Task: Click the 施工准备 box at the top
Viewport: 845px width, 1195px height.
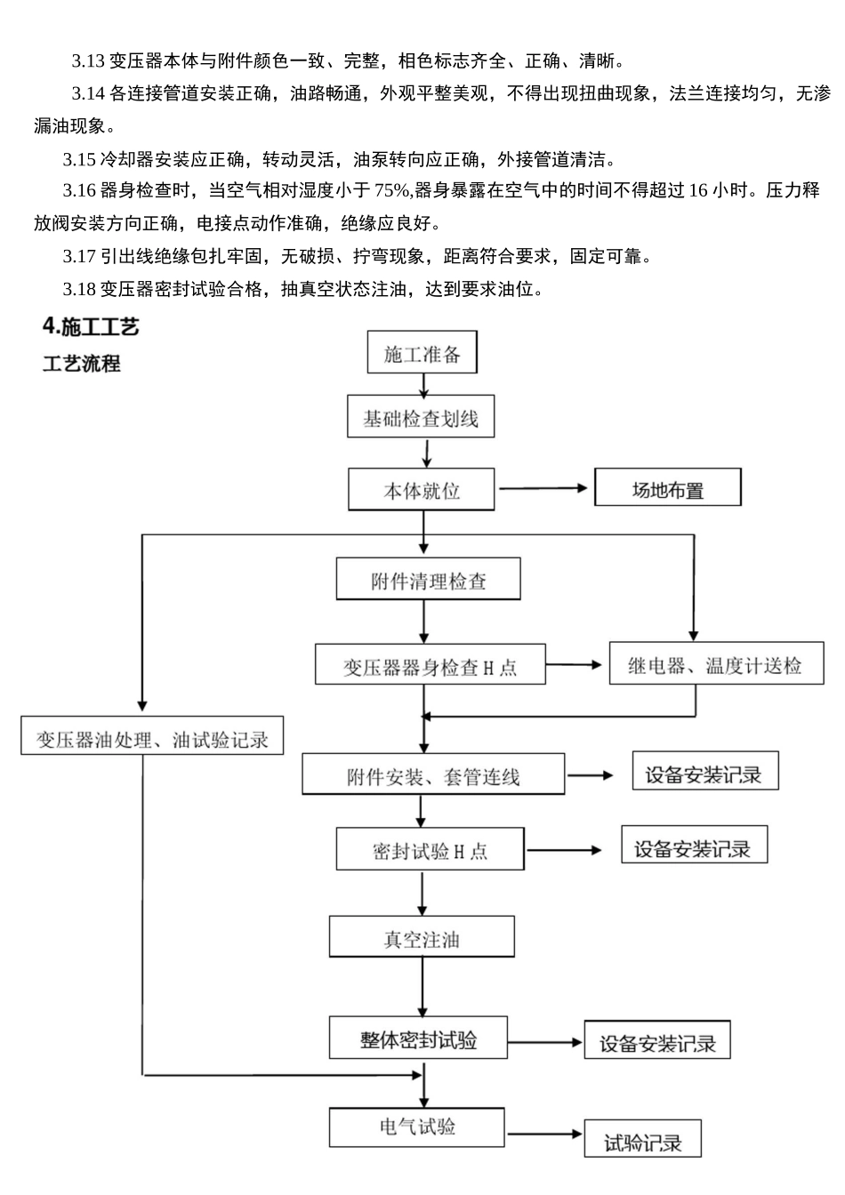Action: (x=422, y=353)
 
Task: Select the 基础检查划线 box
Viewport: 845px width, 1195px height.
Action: (x=420, y=417)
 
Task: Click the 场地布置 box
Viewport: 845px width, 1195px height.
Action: (x=667, y=489)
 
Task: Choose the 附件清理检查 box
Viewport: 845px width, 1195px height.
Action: (x=428, y=580)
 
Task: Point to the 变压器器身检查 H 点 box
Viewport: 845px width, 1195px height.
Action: (x=430, y=665)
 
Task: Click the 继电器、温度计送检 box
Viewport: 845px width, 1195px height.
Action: (x=715, y=663)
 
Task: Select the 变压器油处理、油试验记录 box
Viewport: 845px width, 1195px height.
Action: (x=152, y=737)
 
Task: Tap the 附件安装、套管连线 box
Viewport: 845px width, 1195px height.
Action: (x=432, y=774)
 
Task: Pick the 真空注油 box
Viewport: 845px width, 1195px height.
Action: (x=422, y=937)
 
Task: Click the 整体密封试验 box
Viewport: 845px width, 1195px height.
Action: (x=418, y=1038)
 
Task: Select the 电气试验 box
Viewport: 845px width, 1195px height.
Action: (x=417, y=1127)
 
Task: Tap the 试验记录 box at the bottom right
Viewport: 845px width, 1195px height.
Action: (x=642, y=1141)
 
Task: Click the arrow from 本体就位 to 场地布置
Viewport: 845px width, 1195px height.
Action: (x=544, y=488)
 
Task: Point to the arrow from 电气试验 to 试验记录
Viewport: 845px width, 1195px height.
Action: (x=544, y=1134)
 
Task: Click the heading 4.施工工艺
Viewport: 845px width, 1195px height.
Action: (x=91, y=326)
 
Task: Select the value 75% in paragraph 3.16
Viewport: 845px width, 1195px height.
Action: (x=390, y=190)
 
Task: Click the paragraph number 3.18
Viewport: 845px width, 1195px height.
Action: (x=78, y=289)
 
